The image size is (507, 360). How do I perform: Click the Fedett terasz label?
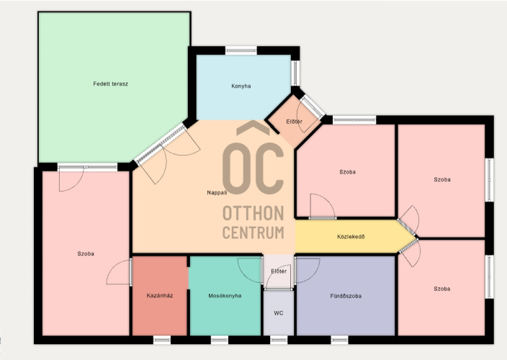(x=111, y=84)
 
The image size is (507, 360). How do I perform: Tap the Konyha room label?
(x=241, y=86)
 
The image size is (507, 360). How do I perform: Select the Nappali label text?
(x=217, y=193)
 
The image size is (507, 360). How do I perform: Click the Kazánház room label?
(x=160, y=295)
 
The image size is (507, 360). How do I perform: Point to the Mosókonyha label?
(x=225, y=296)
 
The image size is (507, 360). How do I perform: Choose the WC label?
(x=279, y=312)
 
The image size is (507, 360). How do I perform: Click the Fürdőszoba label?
(x=346, y=296)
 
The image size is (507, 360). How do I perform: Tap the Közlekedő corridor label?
(x=351, y=237)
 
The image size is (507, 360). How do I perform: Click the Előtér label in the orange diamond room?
(x=295, y=122)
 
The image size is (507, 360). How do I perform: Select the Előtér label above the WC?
(x=279, y=271)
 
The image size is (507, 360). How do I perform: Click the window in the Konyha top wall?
(x=241, y=50)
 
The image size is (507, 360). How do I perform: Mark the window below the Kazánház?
(x=162, y=340)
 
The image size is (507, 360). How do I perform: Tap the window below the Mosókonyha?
(x=220, y=340)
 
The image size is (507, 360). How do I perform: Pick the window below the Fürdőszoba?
(x=339, y=340)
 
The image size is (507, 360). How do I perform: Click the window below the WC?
(x=279, y=340)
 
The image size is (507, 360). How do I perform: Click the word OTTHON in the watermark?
(x=253, y=213)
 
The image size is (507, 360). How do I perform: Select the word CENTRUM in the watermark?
(x=253, y=233)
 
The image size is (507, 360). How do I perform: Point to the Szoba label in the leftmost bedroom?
(x=86, y=253)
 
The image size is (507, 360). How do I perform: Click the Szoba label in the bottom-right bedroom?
(x=442, y=289)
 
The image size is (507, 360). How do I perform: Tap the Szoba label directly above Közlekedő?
(x=348, y=172)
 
